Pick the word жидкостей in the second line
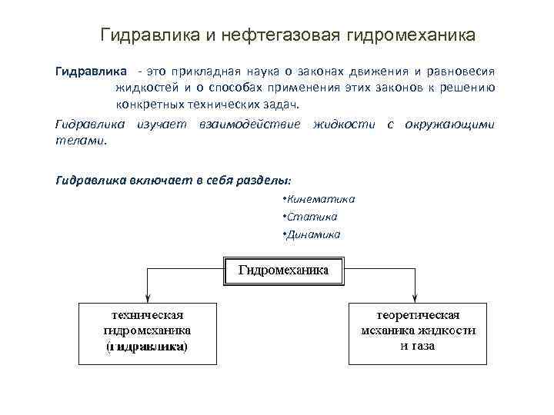(x=146, y=88)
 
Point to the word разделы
(x=260, y=179)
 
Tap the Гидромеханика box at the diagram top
(x=284, y=271)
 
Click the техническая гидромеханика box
(x=147, y=332)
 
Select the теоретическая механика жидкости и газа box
(x=417, y=332)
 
